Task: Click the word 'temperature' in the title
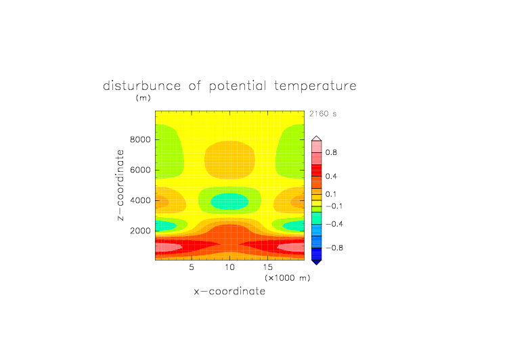point(315,87)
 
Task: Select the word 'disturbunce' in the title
point(142,86)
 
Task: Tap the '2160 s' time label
point(323,114)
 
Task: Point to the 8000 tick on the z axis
point(140,139)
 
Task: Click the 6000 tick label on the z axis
point(140,170)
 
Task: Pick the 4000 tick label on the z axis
point(140,200)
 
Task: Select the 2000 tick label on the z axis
point(140,231)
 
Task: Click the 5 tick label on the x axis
point(192,267)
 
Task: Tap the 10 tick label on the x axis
point(230,267)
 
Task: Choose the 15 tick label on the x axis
point(268,267)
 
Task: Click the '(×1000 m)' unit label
point(288,278)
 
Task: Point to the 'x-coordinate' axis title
point(230,291)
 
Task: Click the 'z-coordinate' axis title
point(120,185)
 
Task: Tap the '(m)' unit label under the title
point(143,97)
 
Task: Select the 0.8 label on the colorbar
point(331,152)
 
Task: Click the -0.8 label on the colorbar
point(334,248)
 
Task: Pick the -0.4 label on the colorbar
point(334,224)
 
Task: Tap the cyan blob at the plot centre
point(230,201)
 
